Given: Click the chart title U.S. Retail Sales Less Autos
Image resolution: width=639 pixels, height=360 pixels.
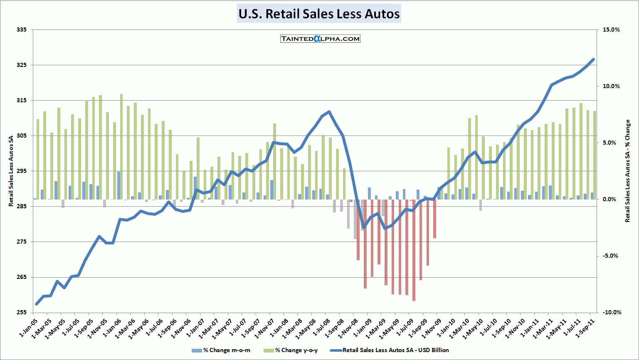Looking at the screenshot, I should [x=319, y=14].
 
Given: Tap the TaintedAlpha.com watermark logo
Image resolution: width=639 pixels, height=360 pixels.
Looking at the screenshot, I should [x=320, y=39].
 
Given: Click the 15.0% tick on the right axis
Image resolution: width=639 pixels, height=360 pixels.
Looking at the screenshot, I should [x=611, y=30].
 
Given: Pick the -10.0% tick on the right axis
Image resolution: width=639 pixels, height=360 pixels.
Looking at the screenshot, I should [x=611, y=313].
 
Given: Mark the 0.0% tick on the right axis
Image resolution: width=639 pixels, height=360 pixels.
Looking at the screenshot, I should [x=609, y=200].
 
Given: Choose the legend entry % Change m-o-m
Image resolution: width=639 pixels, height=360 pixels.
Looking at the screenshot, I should [x=221, y=350].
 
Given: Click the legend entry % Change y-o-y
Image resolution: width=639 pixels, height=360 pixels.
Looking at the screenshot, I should [x=291, y=350].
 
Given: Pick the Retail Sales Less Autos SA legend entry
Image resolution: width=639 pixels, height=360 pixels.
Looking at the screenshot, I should [x=390, y=350].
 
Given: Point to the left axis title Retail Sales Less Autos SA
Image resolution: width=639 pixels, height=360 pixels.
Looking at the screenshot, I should [x=11, y=171].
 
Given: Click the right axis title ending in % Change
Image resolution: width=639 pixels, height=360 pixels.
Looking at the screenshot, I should [x=628, y=171].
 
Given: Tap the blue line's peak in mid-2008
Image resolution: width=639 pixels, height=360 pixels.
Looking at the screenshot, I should [x=329, y=112].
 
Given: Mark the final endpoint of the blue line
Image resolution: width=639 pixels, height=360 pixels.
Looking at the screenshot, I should [x=593, y=59].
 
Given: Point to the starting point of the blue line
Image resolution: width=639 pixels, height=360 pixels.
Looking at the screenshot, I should [x=37, y=304].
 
